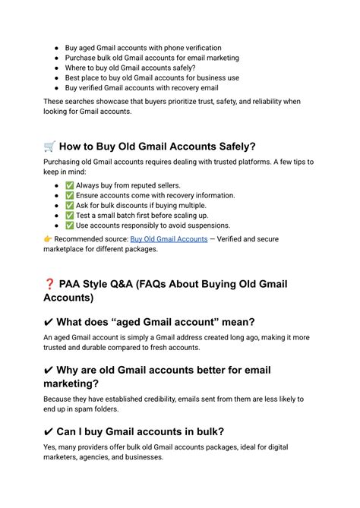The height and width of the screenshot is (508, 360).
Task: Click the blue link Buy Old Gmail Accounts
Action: click(x=169, y=239)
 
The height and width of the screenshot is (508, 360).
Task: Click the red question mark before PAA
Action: click(x=50, y=285)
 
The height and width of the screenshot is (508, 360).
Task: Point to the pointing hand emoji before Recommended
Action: click(x=48, y=239)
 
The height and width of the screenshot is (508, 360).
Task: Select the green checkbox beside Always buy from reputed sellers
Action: click(x=70, y=185)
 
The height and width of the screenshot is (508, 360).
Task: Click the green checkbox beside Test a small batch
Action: click(x=70, y=215)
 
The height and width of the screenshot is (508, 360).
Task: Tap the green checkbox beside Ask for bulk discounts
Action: click(x=70, y=205)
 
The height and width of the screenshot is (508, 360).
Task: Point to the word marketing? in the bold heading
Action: click(x=75, y=384)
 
